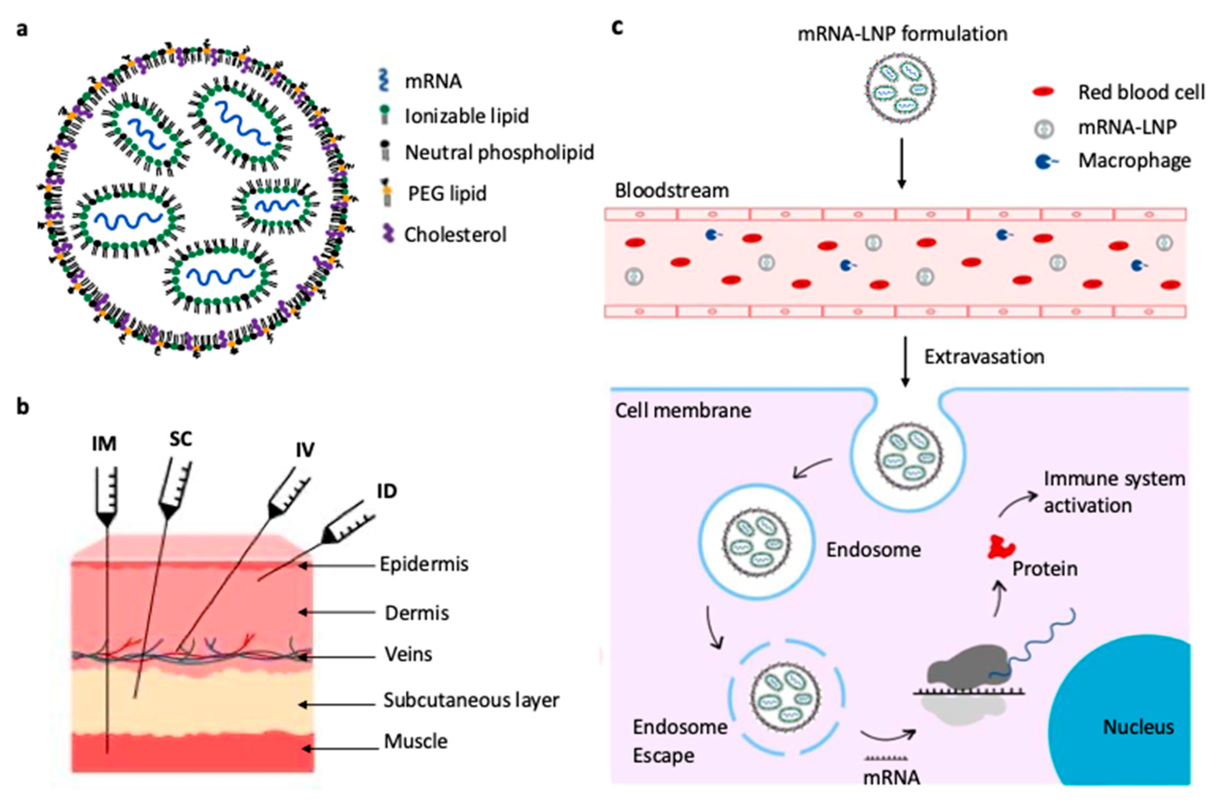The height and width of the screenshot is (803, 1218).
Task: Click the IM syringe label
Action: pyautogui.click(x=104, y=443)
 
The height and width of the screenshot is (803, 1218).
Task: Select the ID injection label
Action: pyautogui.click(x=386, y=491)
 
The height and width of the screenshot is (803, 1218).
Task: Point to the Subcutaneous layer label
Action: pyautogui.click(x=471, y=700)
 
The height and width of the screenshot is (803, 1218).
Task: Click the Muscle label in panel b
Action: pyautogui.click(x=416, y=741)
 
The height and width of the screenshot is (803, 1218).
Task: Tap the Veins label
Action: pyautogui.click(x=408, y=654)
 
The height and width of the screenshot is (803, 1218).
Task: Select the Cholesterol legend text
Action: pyautogui.click(x=455, y=235)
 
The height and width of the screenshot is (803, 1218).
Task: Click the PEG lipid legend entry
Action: pyautogui.click(x=447, y=194)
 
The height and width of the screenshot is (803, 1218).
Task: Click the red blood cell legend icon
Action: pyautogui.click(x=1043, y=92)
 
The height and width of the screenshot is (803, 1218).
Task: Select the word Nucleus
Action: pyautogui.click(x=1138, y=727)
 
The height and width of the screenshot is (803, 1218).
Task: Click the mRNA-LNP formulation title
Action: pyautogui.click(x=902, y=34)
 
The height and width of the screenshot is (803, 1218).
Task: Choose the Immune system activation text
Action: pyautogui.click(x=1114, y=492)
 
